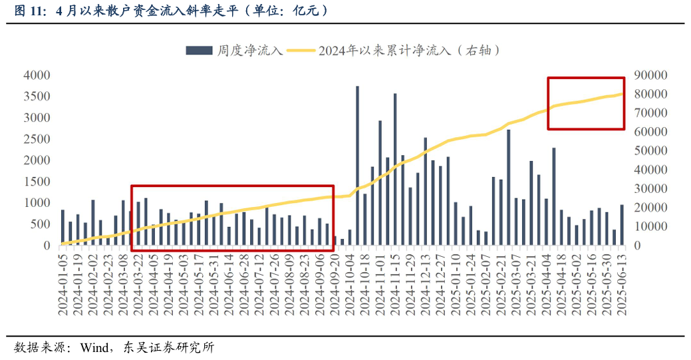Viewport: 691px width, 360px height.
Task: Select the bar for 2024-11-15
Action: (395, 169)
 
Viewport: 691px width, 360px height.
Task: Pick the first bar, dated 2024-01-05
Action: (63, 228)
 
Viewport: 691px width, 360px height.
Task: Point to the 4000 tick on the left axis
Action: (37, 75)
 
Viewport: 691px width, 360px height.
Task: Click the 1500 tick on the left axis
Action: (37, 182)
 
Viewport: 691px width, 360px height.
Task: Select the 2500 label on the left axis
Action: (37, 139)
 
